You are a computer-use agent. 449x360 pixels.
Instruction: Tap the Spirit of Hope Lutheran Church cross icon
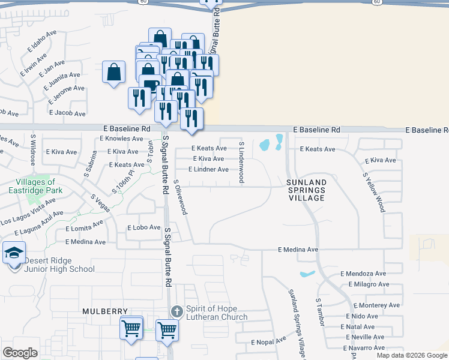(x=176, y=311)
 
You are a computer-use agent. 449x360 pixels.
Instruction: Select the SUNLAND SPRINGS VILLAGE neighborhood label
(x=306, y=190)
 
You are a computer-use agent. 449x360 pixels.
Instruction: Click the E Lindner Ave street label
(x=208, y=170)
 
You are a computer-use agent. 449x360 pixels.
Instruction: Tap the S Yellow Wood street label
(x=373, y=192)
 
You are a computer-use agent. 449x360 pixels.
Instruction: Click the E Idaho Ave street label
(x=34, y=50)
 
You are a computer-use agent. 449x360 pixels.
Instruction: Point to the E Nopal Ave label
(x=270, y=341)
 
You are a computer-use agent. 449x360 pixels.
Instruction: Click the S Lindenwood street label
(x=241, y=162)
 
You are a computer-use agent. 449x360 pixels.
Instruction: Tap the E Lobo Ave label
(x=143, y=228)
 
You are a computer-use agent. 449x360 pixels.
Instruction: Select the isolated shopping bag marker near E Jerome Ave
(x=113, y=73)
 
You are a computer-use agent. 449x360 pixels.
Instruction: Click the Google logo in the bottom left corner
(x=20, y=353)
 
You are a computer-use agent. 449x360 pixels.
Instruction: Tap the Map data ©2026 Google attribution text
(x=412, y=355)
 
